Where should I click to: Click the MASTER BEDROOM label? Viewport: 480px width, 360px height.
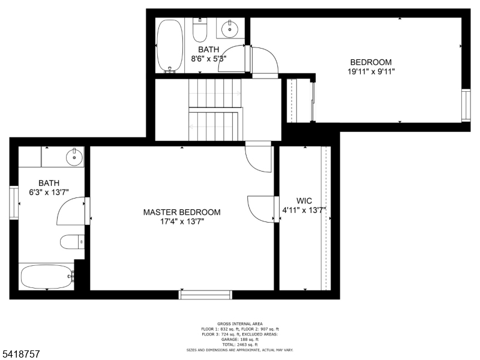(181, 212)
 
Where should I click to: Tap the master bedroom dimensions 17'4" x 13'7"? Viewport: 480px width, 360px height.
(181, 221)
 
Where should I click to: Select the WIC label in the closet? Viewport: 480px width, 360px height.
(304, 200)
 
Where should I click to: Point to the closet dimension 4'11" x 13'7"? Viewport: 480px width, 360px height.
(304, 210)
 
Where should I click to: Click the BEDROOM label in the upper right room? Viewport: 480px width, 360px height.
(371, 62)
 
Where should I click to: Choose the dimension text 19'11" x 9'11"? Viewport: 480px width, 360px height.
(371, 71)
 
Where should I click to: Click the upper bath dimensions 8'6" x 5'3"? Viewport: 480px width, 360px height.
(209, 59)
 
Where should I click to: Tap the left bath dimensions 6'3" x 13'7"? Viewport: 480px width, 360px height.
(49, 193)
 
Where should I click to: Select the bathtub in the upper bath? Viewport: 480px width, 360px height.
(169, 46)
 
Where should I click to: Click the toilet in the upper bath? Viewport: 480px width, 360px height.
(200, 29)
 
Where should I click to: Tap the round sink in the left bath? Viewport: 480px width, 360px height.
(74, 158)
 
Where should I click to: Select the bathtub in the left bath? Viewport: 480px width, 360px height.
(46, 277)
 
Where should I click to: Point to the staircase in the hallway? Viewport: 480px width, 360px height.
(214, 110)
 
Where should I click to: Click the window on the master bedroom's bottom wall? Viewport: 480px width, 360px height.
(205, 294)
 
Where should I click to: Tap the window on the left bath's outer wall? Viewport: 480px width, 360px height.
(13, 203)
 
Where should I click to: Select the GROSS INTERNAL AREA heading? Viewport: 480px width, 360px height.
(240, 323)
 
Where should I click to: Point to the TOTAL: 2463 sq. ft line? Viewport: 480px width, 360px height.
(240, 344)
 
